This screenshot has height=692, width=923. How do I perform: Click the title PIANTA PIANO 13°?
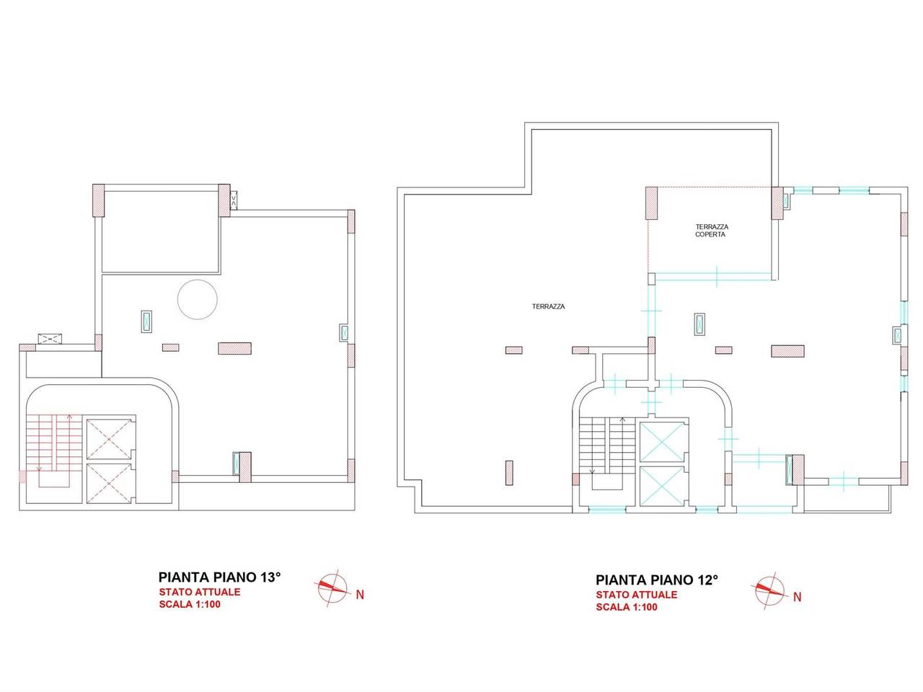click(219, 577)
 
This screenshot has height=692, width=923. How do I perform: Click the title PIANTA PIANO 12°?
click(656, 580)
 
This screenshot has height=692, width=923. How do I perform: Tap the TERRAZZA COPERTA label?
click(711, 230)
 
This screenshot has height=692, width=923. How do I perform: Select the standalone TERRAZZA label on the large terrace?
click(548, 307)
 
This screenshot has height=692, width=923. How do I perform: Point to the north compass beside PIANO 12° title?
click(769, 591)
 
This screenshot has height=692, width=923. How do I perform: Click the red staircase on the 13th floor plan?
click(55, 451)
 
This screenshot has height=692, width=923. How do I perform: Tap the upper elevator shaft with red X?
click(109, 439)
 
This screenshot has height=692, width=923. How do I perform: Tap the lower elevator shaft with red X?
click(109, 483)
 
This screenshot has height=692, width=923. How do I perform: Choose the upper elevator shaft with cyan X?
click(662, 442)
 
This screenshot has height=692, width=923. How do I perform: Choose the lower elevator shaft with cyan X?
click(662, 486)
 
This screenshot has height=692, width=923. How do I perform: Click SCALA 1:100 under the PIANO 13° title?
click(190, 604)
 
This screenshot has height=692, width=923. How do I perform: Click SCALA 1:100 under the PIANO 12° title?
click(627, 607)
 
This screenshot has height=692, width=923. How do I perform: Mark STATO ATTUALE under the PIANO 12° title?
click(636, 595)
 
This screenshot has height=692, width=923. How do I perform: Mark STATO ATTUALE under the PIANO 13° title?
click(200, 592)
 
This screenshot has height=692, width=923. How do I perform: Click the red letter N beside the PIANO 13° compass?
click(360, 595)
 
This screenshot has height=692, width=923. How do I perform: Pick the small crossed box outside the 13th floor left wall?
click(50, 339)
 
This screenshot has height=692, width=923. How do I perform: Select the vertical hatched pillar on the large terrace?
click(509, 473)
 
